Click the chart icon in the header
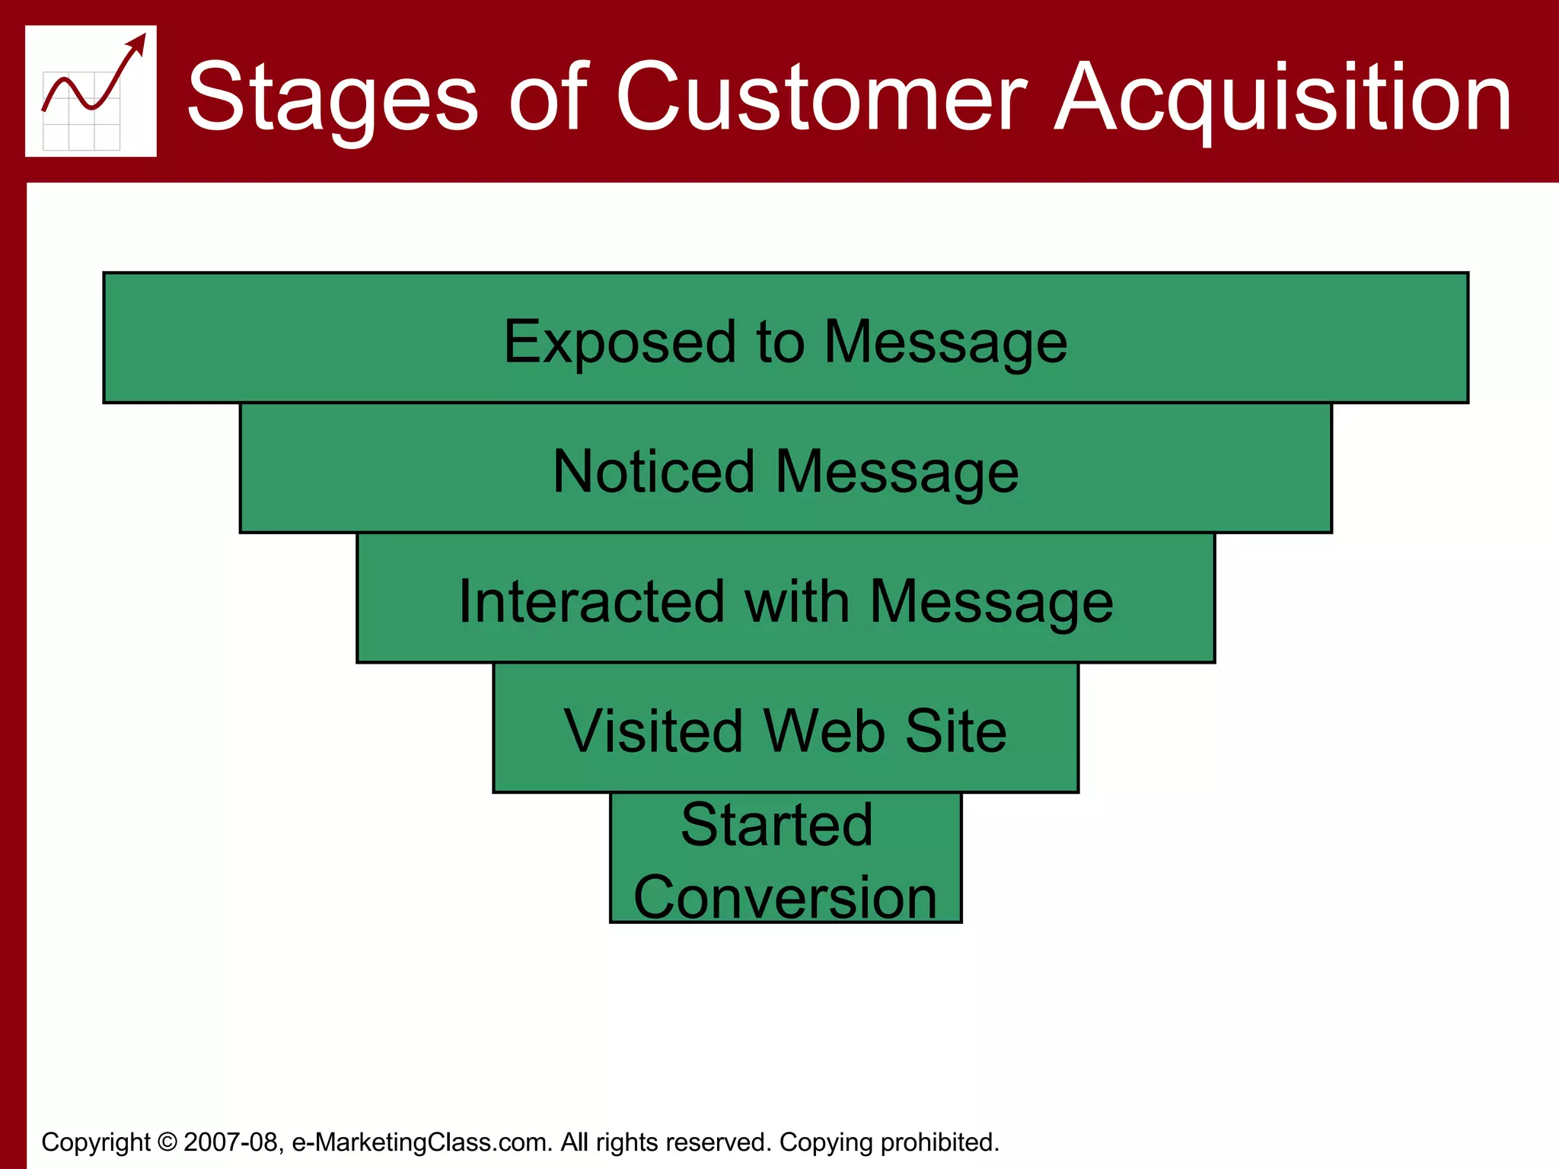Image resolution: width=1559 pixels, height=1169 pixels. pos(91,91)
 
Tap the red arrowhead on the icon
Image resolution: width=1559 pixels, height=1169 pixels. pos(138,43)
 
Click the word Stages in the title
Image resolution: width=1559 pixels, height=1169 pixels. pos(333,98)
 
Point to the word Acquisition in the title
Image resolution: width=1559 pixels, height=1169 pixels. pos(1283,98)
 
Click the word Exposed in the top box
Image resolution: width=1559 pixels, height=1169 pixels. pos(619,342)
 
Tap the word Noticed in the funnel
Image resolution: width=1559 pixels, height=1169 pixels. pos(653,472)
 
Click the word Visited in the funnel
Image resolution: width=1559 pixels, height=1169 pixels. pos(652,731)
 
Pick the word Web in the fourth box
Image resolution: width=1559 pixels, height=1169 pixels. pos(824,731)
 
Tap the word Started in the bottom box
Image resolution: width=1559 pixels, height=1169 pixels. pos(776,825)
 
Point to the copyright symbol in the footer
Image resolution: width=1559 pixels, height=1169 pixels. pos(167,1142)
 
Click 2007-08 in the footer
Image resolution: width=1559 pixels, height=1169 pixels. pos(231,1142)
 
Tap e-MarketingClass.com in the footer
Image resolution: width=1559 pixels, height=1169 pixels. pos(421,1142)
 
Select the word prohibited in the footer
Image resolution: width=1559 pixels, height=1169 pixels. pos(939,1142)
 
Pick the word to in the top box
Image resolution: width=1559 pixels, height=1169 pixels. pos(780,342)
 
